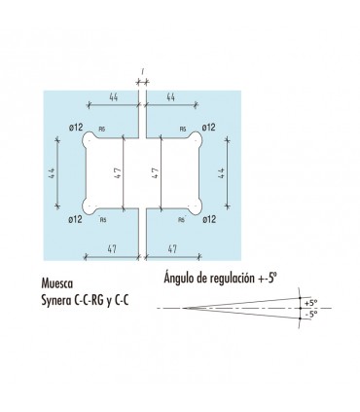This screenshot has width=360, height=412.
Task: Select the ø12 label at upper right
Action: click(207, 128)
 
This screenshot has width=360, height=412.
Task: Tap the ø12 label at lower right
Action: click(207, 219)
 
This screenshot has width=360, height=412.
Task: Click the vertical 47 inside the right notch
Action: click(156, 173)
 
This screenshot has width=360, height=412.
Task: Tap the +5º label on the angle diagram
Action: click(309, 302)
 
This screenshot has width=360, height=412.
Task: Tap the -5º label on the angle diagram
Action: click(309, 315)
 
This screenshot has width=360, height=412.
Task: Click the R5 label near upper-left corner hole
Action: click(102, 128)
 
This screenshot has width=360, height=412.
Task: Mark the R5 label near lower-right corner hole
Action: click(182, 219)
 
